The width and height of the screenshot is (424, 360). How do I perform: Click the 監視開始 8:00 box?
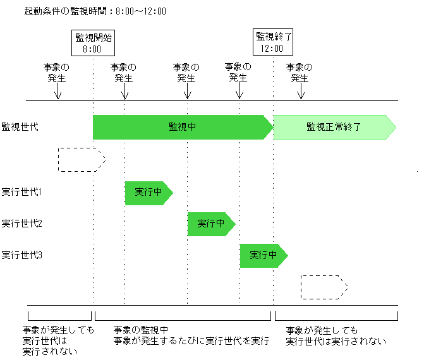click(x=92, y=43)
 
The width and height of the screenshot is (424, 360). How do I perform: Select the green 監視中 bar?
click(x=182, y=127)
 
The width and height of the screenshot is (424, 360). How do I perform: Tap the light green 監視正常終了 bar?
click(x=334, y=127)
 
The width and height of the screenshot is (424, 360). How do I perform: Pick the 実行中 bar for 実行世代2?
click(x=210, y=224)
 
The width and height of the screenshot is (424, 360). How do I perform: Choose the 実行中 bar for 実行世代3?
click(x=263, y=255)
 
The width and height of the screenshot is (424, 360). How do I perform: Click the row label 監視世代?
click(x=20, y=127)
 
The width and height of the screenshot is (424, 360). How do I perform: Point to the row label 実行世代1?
click(x=22, y=191)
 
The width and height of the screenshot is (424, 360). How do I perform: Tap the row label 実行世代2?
click(x=22, y=224)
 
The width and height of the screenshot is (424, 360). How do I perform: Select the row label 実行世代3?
click(x=22, y=255)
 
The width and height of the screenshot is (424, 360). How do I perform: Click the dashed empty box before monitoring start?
click(x=81, y=160)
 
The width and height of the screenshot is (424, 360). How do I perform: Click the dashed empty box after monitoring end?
click(x=324, y=287)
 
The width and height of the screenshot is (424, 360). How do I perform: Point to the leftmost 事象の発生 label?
click(x=57, y=73)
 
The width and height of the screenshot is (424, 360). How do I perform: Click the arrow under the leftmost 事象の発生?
click(x=58, y=92)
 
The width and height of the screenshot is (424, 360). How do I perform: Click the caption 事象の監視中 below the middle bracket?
click(x=140, y=330)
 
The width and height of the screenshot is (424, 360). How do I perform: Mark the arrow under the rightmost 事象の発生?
click(x=301, y=92)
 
